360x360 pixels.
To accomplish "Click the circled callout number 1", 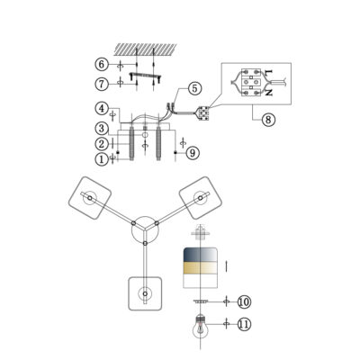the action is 102,159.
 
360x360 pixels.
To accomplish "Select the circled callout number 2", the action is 103,144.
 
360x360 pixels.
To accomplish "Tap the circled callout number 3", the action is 102,129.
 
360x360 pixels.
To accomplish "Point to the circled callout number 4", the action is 102,109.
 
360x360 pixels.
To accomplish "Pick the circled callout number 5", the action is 195,89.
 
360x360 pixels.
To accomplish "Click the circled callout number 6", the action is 102,65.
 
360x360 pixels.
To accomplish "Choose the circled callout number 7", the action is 102,85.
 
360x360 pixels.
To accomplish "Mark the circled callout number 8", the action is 268,120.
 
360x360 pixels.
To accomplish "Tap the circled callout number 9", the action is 193,153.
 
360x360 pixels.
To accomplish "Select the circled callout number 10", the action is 245,301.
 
